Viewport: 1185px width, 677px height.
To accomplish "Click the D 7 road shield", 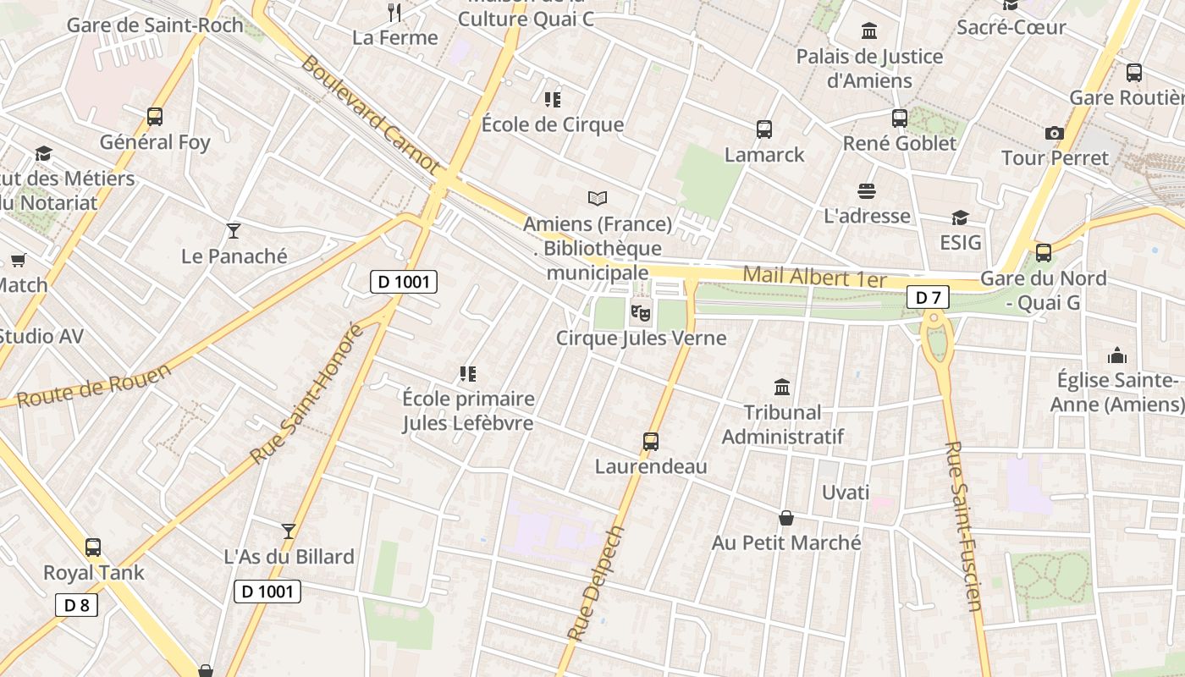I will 928,297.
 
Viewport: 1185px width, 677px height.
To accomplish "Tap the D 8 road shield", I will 76,604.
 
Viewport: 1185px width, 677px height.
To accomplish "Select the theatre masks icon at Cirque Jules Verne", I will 641,313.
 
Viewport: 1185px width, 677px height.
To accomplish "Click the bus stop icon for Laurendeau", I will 650,441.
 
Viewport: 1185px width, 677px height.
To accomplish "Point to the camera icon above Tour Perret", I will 1054,133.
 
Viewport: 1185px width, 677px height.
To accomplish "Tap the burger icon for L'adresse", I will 866,190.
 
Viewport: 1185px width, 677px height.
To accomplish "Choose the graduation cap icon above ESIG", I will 959,218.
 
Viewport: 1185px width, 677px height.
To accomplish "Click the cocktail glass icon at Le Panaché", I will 234,230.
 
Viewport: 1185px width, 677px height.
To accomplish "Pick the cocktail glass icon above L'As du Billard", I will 289,531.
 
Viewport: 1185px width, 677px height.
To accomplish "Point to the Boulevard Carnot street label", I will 371,115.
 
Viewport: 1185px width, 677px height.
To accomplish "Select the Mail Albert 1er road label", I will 814,277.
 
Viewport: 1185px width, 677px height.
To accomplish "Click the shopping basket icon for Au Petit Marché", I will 785,518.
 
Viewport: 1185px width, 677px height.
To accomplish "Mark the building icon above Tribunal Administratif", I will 782,388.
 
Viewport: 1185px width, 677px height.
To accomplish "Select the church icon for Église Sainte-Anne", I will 1116,355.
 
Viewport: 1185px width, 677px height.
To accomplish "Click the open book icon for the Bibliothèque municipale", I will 598,199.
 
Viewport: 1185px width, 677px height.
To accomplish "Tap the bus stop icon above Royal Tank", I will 93,548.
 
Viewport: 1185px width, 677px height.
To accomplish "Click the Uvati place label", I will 846,492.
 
